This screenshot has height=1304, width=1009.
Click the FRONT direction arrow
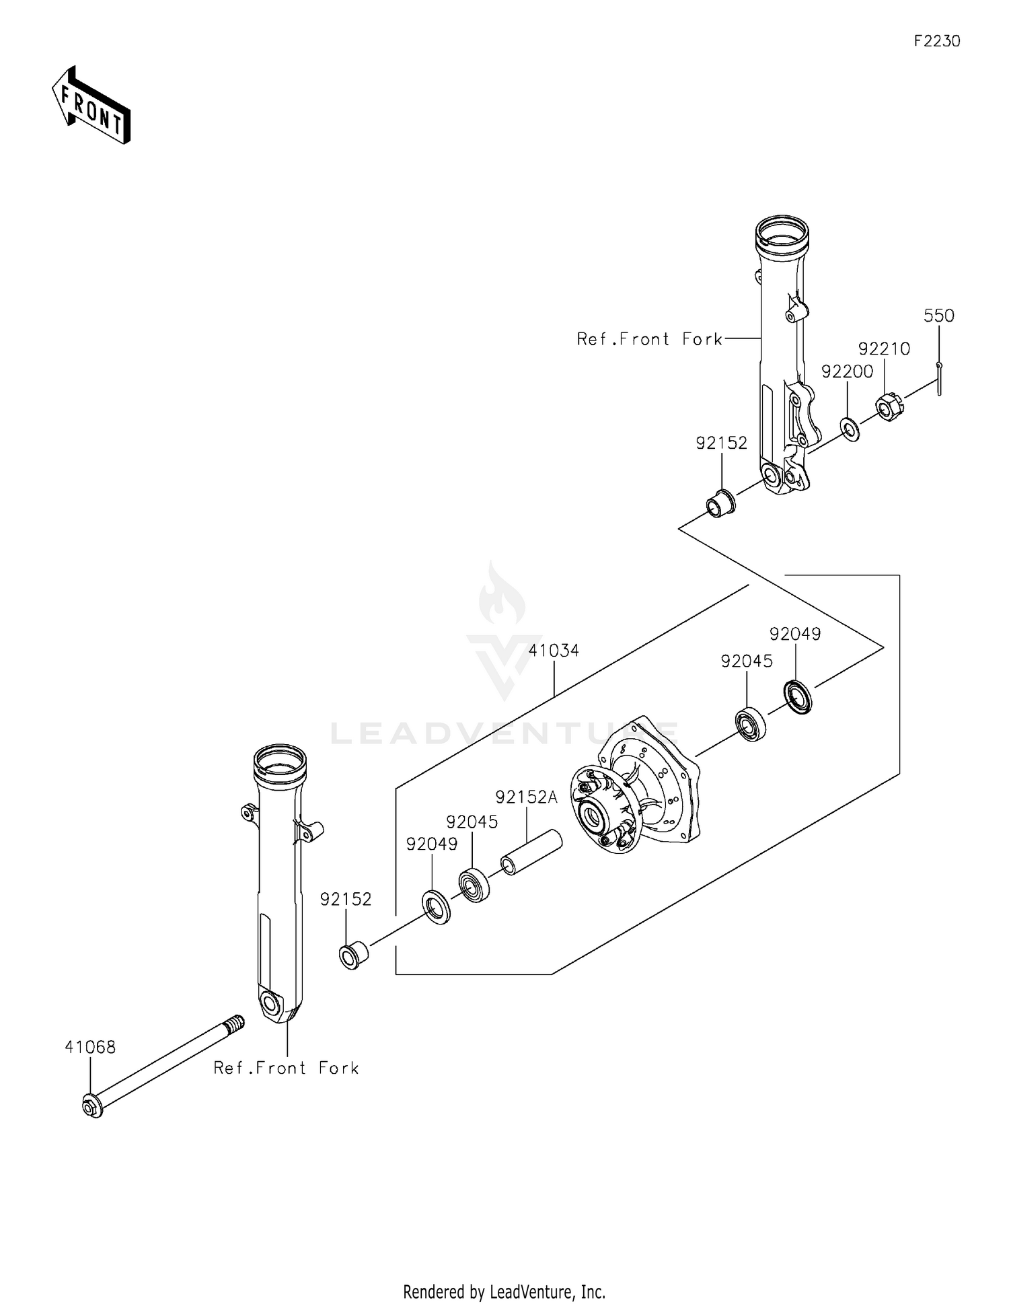click(91, 105)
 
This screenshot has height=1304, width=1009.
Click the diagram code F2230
click(936, 41)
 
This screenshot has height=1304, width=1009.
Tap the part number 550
click(938, 316)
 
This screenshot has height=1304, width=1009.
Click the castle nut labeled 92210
click(888, 406)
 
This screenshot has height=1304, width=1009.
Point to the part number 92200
click(847, 371)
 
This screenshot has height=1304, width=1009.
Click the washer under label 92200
click(850, 429)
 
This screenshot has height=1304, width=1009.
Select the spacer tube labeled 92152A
click(531, 852)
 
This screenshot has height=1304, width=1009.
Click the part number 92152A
click(526, 797)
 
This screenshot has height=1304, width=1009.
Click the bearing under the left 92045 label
click(474, 885)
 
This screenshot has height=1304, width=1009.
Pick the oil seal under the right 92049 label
click(798, 696)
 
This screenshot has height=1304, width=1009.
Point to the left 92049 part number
click(431, 844)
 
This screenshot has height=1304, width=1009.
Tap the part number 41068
click(90, 1047)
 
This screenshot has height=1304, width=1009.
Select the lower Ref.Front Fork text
click(286, 1068)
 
